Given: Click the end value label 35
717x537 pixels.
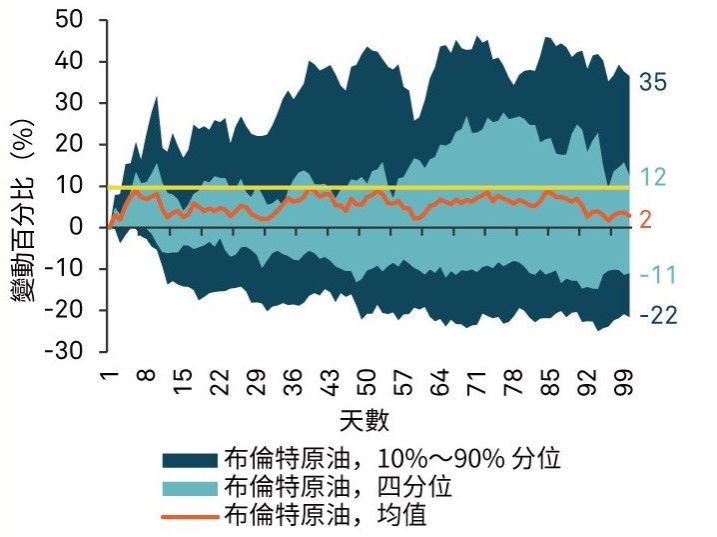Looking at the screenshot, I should (x=653, y=82).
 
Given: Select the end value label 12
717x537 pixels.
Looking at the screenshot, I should (x=652, y=178).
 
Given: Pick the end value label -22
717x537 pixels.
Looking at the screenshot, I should (x=658, y=316).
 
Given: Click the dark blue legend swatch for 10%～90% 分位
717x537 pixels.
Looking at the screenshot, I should (x=190, y=460).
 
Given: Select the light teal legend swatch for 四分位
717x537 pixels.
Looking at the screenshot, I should (x=190, y=488).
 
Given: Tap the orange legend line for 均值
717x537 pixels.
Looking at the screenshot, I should (x=190, y=516).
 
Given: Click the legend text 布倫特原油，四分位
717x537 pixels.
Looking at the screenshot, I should (x=339, y=488).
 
